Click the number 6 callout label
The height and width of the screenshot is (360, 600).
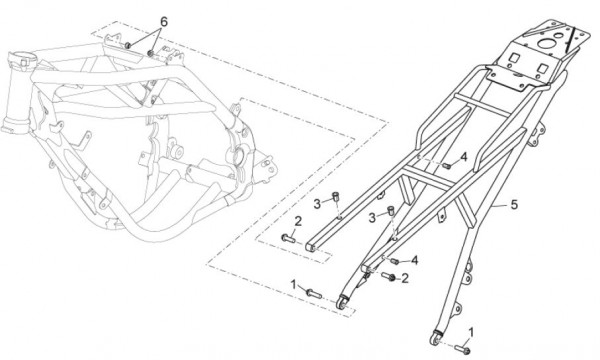[163, 22]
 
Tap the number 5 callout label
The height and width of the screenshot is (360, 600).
[514, 204]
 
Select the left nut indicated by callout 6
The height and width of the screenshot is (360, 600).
[128, 46]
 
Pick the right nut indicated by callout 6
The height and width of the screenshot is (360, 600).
[151, 52]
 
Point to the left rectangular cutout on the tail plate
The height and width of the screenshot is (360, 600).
[514, 58]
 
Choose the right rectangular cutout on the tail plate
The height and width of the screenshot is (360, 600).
[543, 68]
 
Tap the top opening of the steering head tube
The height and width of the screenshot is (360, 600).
[23, 59]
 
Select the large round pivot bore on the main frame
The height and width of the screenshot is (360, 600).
[238, 157]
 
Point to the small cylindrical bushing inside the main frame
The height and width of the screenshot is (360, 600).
[176, 152]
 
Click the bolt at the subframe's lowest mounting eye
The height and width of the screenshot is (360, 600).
[462, 349]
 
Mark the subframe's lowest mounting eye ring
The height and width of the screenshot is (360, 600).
[434, 339]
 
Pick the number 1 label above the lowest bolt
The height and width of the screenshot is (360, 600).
[471, 332]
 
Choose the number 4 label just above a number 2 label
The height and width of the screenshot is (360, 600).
[414, 261]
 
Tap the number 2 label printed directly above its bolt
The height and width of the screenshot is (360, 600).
[298, 221]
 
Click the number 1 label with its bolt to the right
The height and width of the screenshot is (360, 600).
[294, 284]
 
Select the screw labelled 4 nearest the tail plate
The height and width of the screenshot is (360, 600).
[447, 166]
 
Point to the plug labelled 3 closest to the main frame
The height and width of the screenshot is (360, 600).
[335, 197]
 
